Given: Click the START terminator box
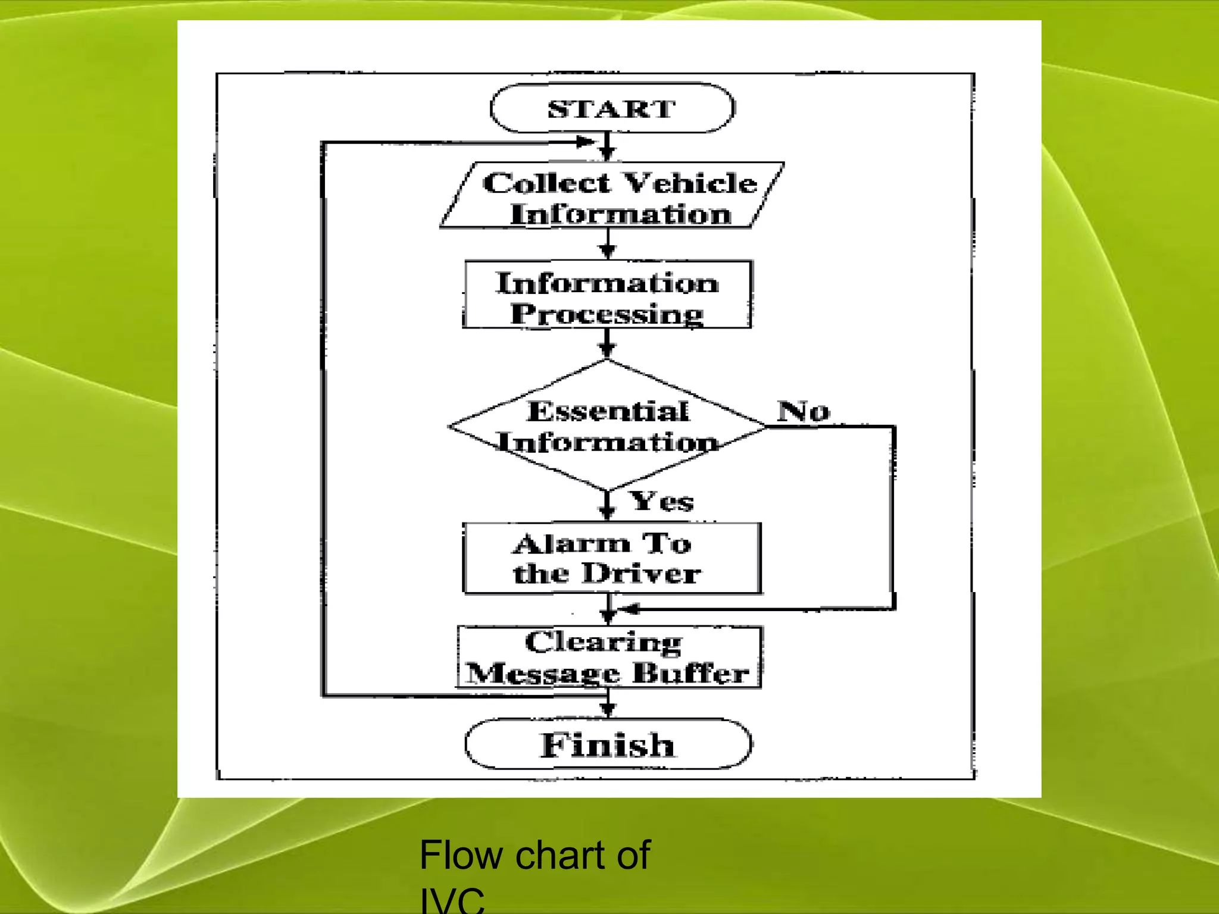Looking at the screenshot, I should pos(612,108).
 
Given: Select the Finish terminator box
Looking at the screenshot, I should pos(608,744).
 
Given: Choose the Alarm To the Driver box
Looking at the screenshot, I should pos(611,558).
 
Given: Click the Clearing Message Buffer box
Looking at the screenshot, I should pos(608,658).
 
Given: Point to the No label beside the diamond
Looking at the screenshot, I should pos(803,411).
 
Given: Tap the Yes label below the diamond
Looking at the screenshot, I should pos(662,501).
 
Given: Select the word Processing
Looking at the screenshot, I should pos(607,314).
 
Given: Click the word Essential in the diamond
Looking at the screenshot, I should pos(608,411).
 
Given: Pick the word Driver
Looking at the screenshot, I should pos(641,574).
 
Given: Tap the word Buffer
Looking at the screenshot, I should pos(690,674).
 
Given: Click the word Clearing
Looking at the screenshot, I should pos(603,643).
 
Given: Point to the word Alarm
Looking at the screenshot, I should pos(571,544).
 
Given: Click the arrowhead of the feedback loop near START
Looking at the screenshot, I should pos(586,142).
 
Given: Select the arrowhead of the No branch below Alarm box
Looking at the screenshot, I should pos(629,609).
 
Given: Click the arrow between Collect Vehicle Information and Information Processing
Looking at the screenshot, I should pos(607,244).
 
